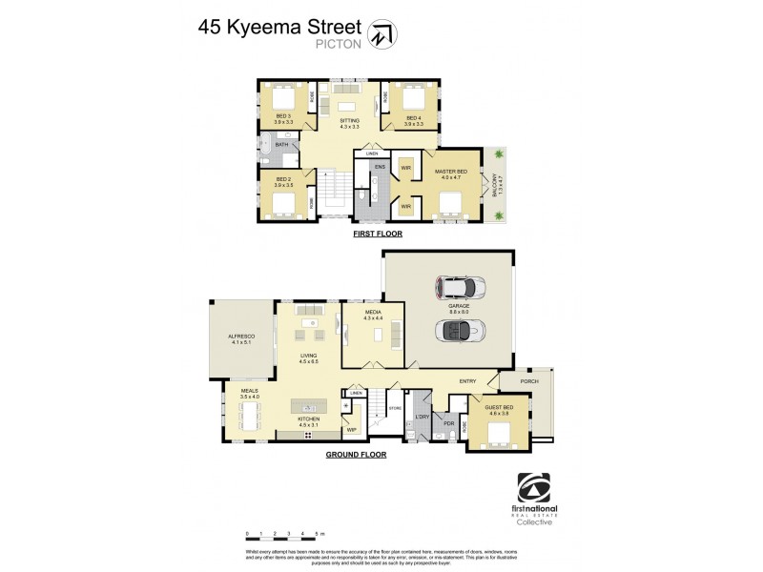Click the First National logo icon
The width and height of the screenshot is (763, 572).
(x=533, y=490)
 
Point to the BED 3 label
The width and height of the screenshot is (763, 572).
(x=282, y=118)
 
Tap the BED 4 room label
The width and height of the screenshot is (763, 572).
(x=412, y=118)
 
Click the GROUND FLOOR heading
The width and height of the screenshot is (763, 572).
(x=357, y=456)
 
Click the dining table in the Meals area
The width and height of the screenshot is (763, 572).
(x=252, y=416)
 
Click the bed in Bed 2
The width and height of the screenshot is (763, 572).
(x=284, y=202)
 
